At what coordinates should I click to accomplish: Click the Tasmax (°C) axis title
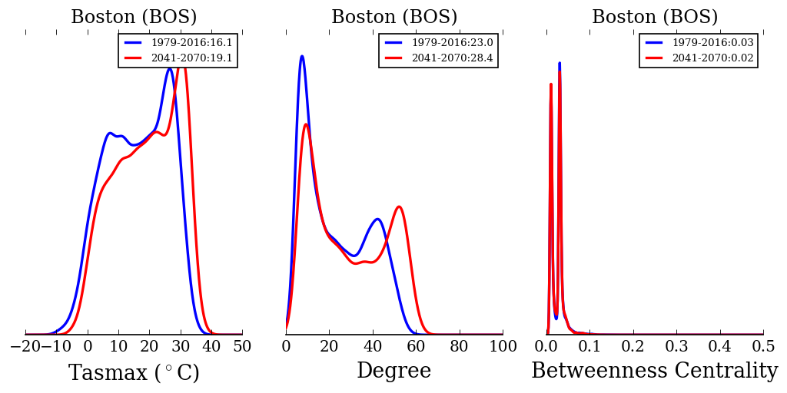(x=134, y=373)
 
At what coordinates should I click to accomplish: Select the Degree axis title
(x=393, y=372)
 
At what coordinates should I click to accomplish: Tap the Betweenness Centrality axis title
(x=654, y=372)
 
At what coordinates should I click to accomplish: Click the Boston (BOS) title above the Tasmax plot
(x=134, y=18)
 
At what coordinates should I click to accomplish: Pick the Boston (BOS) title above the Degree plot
(x=394, y=18)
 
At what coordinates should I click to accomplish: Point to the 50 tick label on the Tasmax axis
(x=242, y=347)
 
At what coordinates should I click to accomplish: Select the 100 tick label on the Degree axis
(x=503, y=347)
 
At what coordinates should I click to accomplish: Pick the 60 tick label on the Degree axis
(x=417, y=347)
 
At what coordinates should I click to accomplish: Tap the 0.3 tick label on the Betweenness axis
(x=676, y=347)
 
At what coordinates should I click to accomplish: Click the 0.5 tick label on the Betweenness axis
(x=763, y=347)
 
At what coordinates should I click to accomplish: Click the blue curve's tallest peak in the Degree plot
(x=302, y=56)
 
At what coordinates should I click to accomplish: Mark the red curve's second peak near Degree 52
(x=399, y=206)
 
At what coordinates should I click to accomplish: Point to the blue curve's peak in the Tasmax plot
(x=169, y=68)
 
